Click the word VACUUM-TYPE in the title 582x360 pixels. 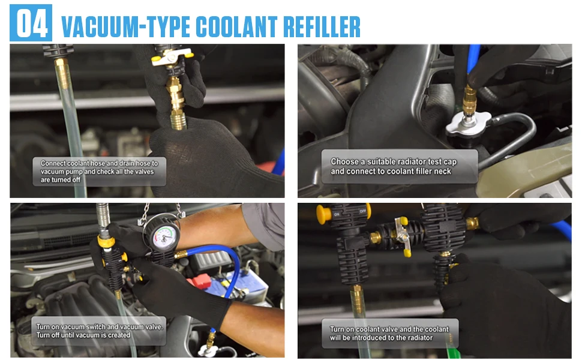(125, 27)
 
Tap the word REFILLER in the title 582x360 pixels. (322, 27)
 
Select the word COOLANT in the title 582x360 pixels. (236, 27)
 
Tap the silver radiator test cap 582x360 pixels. (468, 124)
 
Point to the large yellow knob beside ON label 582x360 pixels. (323, 214)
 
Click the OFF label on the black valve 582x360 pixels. (362, 211)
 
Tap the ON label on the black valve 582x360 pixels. (337, 214)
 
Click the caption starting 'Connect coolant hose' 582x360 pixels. (99, 172)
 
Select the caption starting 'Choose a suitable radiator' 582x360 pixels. (399, 166)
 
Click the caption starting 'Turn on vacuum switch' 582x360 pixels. (99, 331)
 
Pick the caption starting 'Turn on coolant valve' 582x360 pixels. (390, 333)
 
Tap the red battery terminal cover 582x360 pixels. (199, 281)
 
